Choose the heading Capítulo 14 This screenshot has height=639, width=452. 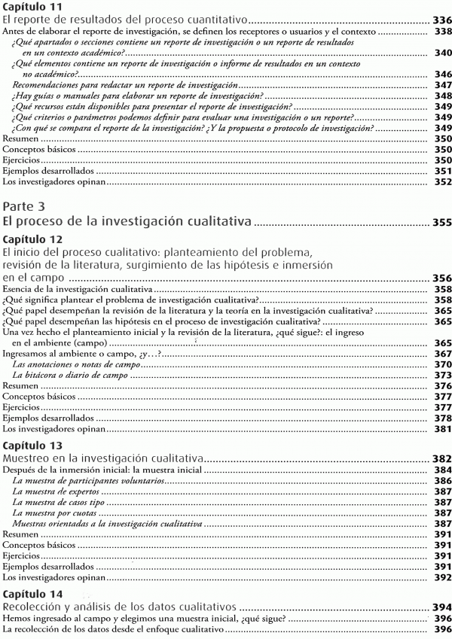[31, 594]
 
